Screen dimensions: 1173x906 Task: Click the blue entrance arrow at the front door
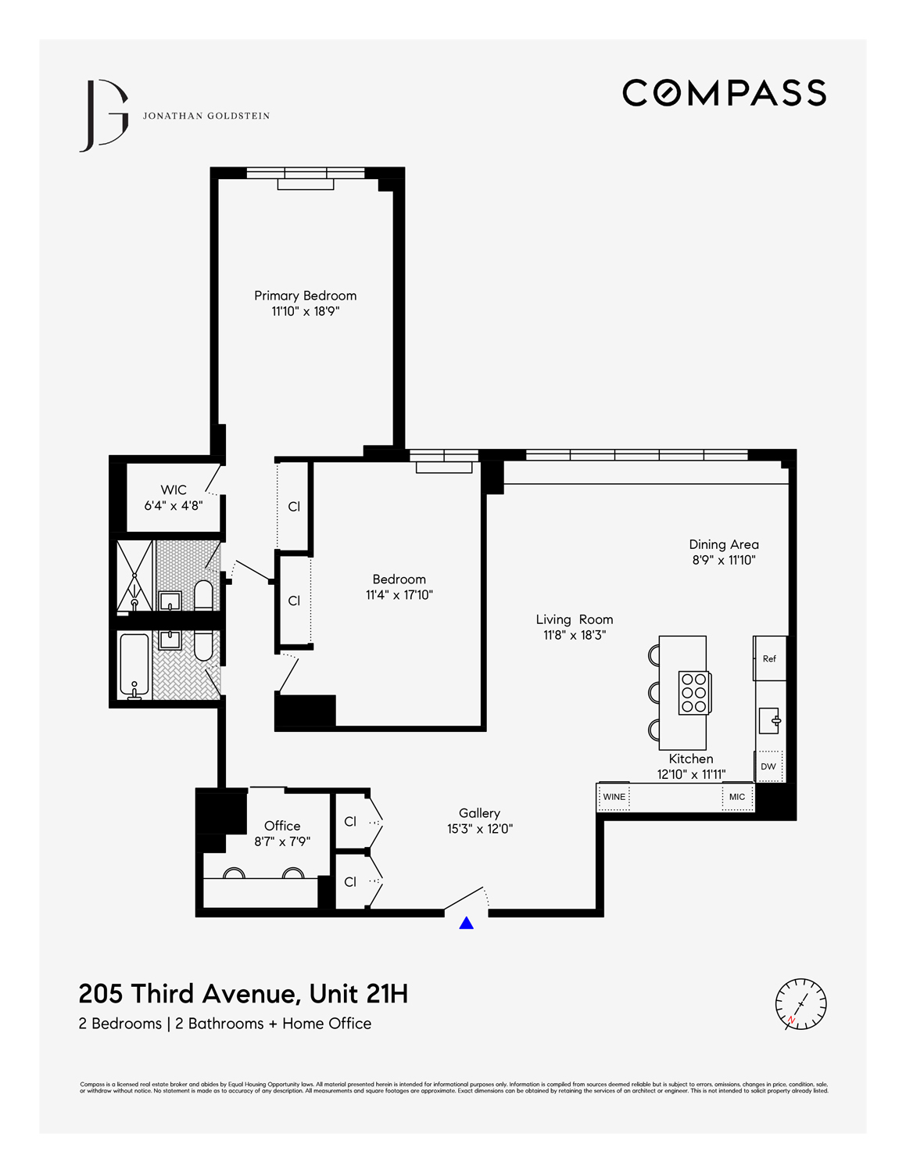(466, 924)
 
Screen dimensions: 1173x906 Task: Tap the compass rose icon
(800, 1003)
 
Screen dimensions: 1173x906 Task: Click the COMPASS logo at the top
(724, 92)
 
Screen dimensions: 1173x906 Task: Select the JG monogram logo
(103, 116)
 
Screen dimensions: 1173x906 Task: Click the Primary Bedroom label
(305, 296)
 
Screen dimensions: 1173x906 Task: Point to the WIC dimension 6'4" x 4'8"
(173, 506)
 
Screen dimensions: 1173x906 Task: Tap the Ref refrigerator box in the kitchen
(769, 658)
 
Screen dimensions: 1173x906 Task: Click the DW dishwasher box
(768, 766)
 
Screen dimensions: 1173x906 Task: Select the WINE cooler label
(614, 797)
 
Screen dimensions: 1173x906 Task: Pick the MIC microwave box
(736, 797)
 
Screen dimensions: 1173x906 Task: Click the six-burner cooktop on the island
(693, 693)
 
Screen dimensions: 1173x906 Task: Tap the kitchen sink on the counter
(769, 720)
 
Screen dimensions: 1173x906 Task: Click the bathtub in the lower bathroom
(134, 665)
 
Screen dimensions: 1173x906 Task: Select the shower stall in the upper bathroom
(134, 575)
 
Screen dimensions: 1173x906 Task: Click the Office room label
(282, 826)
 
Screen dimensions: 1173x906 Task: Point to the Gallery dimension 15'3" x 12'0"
(479, 829)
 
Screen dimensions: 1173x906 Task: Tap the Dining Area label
(723, 544)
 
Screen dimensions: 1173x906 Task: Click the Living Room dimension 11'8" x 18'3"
(575, 635)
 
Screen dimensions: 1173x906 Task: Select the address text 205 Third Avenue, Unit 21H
(243, 994)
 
